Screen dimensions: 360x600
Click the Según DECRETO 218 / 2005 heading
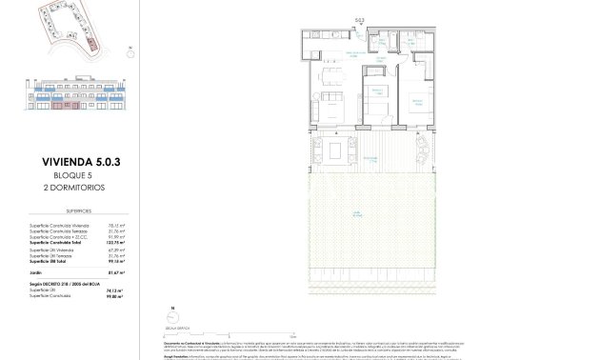coord(59,283)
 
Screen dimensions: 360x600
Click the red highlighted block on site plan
coord(91,44)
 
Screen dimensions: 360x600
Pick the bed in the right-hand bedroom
coord(416,109)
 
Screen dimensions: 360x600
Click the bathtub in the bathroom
coord(415,44)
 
